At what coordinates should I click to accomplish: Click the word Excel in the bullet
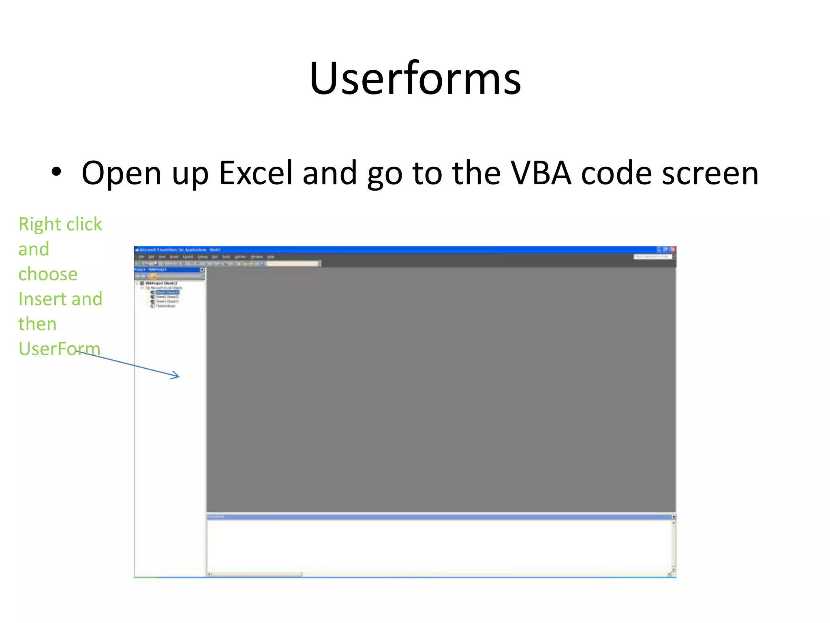[255, 173]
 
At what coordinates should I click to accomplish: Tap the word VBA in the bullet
[541, 173]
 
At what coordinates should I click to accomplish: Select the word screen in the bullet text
[710, 173]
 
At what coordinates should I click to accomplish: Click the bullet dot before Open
[56, 172]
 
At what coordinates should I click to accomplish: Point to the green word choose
[48, 274]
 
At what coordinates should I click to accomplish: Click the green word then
[37, 324]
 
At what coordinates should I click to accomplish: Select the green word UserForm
[59, 349]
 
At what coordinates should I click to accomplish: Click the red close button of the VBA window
[673, 249]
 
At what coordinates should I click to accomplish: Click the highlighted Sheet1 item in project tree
[167, 292]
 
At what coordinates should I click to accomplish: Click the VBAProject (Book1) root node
[161, 283]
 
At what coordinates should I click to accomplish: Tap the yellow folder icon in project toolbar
[153, 276]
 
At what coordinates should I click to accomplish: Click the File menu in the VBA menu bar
[141, 257]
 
